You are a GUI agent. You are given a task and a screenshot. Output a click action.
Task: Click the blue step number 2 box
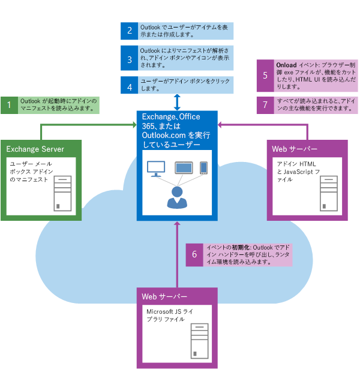pyautogui.click(x=129, y=31)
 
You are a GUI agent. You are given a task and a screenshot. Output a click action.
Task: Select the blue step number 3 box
pyautogui.click(x=129, y=60)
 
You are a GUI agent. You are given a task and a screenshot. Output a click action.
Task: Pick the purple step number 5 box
pyautogui.click(x=265, y=76)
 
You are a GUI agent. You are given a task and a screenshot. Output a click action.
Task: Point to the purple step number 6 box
pyautogui.click(x=194, y=254)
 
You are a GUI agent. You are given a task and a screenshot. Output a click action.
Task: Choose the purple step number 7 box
pyautogui.click(x=265, y=105)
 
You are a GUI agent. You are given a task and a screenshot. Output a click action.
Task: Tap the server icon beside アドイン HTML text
pyautogui.click(x=329, y=193)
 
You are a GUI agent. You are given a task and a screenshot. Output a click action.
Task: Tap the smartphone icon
pyautogui.click(x=203, y=167)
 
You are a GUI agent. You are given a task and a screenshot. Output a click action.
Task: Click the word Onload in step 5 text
pyautogui.click(x=286, y=64)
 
